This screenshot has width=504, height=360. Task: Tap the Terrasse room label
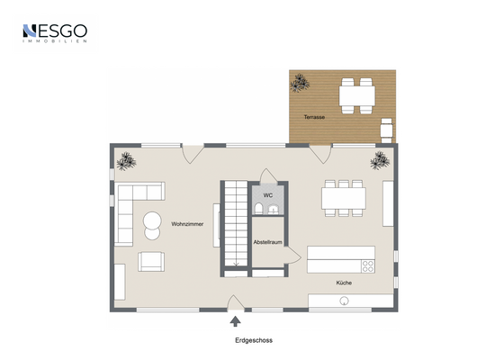314,117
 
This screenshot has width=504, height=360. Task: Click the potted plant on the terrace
300,84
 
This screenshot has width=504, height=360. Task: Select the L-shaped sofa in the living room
135,202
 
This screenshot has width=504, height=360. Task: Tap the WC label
267,194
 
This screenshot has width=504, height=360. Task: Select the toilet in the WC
259,210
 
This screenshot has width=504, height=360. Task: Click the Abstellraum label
267,242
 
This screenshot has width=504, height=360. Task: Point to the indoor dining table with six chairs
345,196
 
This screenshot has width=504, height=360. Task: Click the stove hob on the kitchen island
367,265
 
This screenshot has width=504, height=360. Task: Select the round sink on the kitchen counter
343,302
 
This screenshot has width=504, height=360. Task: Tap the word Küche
344,283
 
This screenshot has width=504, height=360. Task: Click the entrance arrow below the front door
236,319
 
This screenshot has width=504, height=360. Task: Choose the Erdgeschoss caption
253,340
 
